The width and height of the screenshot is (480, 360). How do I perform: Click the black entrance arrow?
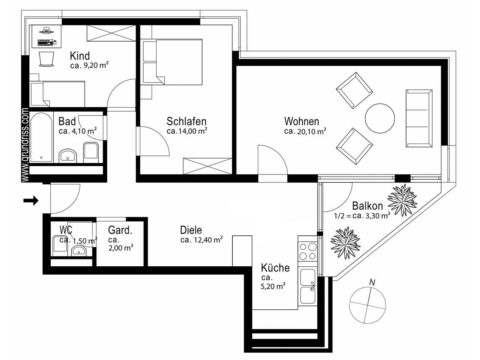[x=31, y=200]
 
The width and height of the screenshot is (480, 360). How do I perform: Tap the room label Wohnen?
[x=301, y=122]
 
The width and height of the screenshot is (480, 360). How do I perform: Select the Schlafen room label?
[x=186, y=122]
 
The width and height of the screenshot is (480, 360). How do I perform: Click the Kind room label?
[x=80, y=56]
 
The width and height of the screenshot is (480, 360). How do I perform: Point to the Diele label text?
[x=191, y=230]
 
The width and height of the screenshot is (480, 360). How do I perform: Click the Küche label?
[x=275, y=268]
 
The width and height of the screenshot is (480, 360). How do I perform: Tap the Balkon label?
[x=367, y=206]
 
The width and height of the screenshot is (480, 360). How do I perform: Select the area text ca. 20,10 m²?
[x=305, y=132]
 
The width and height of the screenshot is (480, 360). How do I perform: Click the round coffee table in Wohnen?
[x=380, y=118]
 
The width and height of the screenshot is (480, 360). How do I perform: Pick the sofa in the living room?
[x=419, y=118]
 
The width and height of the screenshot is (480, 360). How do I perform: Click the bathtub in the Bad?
[x=41, y=137]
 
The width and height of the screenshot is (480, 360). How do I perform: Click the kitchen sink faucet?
[x=312, y=286]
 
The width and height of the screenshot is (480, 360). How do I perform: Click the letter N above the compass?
[x=373, y=282]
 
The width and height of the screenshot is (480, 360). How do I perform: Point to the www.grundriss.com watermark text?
[x=26, y=145]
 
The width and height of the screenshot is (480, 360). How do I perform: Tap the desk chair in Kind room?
[x=46, y=59]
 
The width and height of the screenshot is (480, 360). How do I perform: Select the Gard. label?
[x=120, y=230]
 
